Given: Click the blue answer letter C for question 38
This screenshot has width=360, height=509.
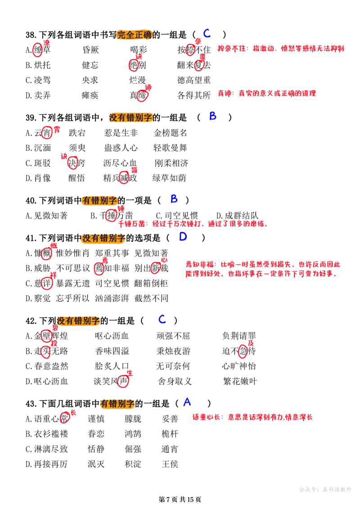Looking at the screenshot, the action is [x=207, y=33].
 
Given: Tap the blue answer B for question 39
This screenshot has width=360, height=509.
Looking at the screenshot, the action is [x=212, y=116].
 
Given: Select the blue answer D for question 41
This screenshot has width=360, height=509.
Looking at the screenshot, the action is [x=183, y=237].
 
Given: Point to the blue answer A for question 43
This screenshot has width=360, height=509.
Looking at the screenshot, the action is [x=187, y=402].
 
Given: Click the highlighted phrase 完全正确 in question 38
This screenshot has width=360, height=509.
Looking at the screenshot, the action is [x=135, y=35].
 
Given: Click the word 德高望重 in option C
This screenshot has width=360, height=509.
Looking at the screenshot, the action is [x=194, y=80].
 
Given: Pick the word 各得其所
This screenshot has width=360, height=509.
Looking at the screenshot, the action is [x=194, y=95].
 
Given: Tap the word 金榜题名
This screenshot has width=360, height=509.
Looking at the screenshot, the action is [x=171, y=133].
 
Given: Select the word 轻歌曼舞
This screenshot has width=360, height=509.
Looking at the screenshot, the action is [x=171, y=148].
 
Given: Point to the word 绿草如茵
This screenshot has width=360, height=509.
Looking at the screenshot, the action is [x=170, y=178].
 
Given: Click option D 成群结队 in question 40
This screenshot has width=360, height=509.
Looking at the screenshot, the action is [x=237, y=216].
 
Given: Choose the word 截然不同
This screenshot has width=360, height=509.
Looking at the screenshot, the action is [x=151, y=298].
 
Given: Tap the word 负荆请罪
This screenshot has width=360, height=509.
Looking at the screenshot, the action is [x=239, y=336].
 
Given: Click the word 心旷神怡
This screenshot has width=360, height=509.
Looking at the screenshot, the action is [x=239, y=366].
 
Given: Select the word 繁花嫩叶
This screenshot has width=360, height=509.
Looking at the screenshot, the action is [x=240, y=381].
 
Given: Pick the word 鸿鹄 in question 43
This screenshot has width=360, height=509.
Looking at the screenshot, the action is [x=133, y=434].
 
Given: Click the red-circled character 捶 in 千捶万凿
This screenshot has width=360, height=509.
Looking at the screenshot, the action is [x=111, y=215].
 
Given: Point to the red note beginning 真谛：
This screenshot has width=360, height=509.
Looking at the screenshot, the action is [x=266, y=94].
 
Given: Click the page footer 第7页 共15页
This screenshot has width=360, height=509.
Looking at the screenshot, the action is [x=180, y=499].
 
